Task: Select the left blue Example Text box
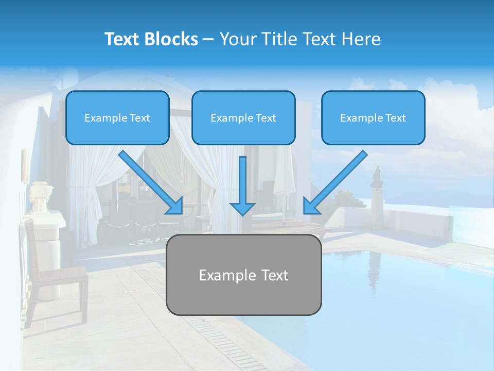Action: coord(117,117)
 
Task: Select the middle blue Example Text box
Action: coord(243,117)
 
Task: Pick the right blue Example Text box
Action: coord(373,117)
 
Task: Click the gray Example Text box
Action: coord(243,275)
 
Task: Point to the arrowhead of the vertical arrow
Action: coord(242,208)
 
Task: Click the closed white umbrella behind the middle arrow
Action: coord(283,175)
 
